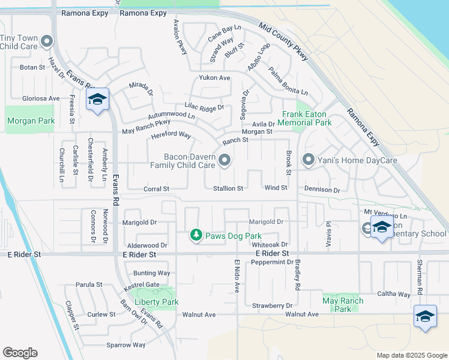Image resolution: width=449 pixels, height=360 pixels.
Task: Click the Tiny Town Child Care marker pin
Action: coord(47,41)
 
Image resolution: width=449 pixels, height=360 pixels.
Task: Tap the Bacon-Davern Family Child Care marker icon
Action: coord(224,160)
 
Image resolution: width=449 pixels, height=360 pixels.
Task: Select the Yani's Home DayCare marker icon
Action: coord(309,160)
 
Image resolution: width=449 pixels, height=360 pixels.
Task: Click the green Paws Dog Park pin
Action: coord(196,236)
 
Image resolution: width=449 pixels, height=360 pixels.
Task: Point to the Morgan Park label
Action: coord(31,121)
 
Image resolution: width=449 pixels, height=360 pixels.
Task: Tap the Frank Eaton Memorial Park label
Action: coord(307,118)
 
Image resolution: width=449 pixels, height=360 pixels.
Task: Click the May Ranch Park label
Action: coord(343,305)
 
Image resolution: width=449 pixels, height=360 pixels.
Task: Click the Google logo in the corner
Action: coord(20,353)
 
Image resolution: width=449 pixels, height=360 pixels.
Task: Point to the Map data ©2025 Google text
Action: coord(411,355)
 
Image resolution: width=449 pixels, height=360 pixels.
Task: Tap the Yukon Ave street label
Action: coord(215,78)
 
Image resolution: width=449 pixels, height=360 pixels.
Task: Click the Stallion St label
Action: coord(228,188)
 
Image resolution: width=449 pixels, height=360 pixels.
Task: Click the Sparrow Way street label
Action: coord(126,345)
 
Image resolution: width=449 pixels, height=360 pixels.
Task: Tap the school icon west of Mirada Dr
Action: coord(97,100)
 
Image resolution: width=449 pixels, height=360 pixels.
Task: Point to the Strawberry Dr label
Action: coord(272,306)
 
